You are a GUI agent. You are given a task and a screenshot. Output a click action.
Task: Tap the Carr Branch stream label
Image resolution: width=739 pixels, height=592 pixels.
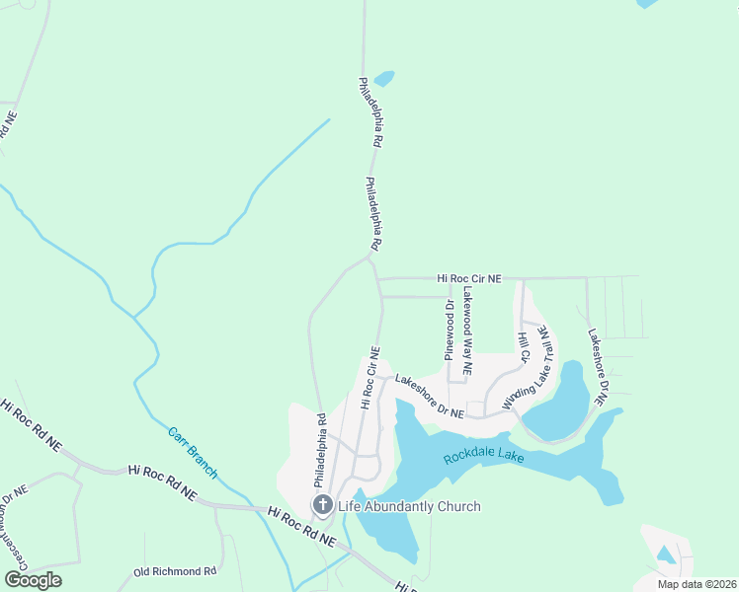click(x=192, y=453)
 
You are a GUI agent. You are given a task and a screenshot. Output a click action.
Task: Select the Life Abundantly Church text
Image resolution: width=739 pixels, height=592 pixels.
click(x=408, y=506)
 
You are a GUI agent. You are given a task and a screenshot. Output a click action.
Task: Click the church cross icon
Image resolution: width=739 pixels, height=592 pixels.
click(x=322, y=506)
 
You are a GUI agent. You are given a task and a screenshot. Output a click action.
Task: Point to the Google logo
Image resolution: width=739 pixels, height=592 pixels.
click(x=34, y=580)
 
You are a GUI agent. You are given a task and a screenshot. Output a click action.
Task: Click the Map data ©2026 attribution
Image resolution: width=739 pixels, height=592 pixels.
click(x=696, y=584)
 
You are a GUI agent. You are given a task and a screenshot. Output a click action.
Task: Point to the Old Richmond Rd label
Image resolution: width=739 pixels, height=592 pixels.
click(x=175, y=571)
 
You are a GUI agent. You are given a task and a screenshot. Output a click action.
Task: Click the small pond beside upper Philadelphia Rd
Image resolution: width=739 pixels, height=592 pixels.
click(x=383, y=78)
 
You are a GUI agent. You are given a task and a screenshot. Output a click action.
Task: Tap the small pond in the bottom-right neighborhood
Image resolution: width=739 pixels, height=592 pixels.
click(x=666, y=555)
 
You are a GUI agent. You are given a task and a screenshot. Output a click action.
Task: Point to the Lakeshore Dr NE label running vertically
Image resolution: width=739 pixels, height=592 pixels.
click(x=596, y=368)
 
